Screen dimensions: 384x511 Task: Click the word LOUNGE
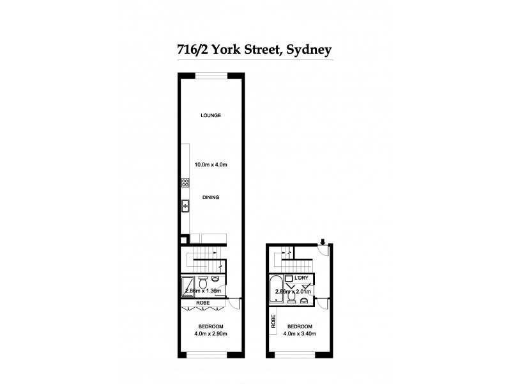click(210, 115)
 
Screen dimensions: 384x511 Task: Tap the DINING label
click(210, 197)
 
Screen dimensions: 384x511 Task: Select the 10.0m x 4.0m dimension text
click(211, 165)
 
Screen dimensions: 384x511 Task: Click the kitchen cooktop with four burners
click(185, 183)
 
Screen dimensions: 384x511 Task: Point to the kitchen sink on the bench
click(185, 206)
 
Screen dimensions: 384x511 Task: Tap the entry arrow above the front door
click(324, 241)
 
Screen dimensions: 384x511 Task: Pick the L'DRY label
click(302, 278)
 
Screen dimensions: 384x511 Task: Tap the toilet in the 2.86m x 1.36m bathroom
click(203, 282)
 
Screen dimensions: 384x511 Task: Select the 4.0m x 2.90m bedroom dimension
click(210, 333)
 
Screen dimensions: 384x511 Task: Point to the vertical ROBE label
click(273, 321)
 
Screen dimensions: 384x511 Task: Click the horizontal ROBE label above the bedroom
click(203, 302)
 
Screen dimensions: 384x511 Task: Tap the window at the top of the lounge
click(210, 76)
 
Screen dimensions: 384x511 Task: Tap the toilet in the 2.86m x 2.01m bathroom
click(291, 296)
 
